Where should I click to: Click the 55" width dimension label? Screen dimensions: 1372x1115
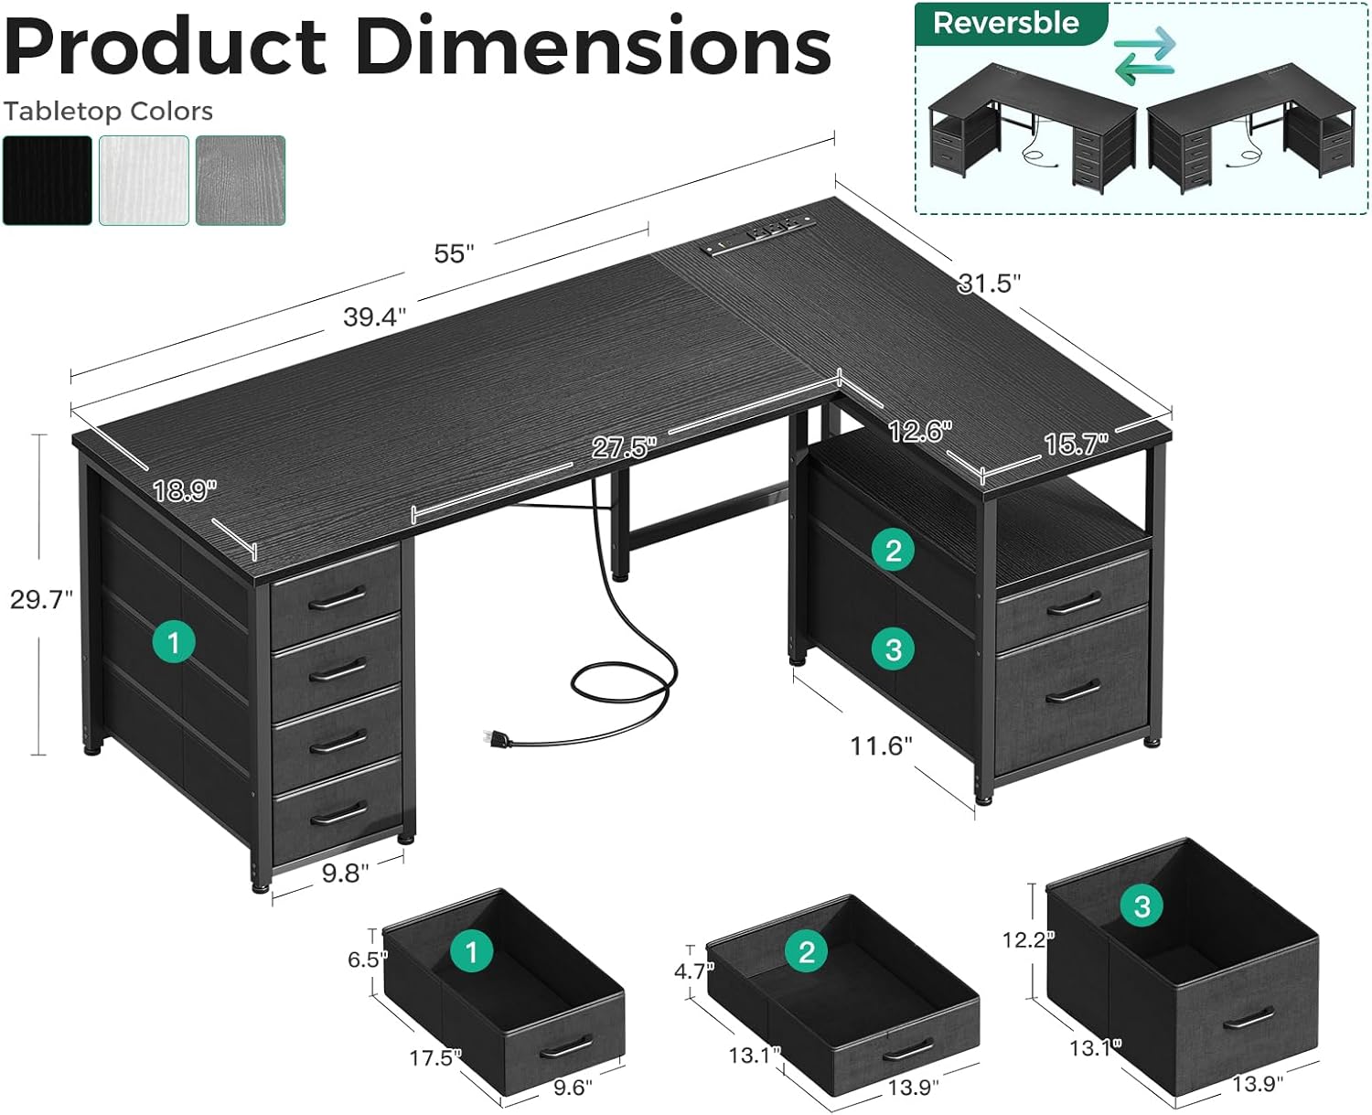(x=454, y=253)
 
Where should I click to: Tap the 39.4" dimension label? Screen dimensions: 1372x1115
(x=375, y=316)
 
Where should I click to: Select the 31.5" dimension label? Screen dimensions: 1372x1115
(x=990, y=283)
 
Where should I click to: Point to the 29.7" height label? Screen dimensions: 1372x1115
(x=41, y=600)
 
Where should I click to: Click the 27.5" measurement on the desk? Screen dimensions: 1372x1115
(x=624, y=447)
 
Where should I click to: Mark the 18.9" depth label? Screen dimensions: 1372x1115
(x=185, y=491)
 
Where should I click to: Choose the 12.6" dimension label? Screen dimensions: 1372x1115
(x=920, y=431)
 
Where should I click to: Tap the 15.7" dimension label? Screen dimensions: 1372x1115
(x=1077, y=444)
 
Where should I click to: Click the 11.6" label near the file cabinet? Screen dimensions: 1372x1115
(x=881, y=745)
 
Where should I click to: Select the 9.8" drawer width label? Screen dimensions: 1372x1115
(x=345, y=874)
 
